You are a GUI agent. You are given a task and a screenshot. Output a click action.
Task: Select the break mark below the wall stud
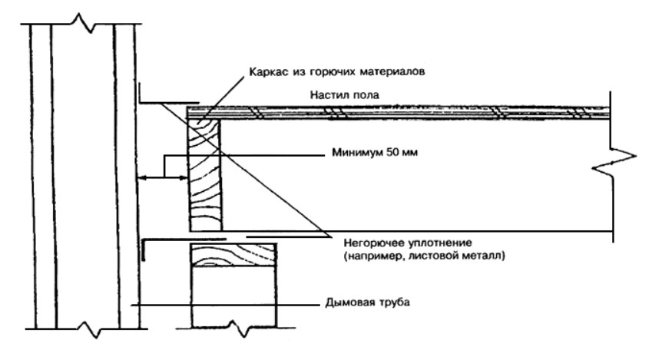pyautogui.click(x=234, y=332)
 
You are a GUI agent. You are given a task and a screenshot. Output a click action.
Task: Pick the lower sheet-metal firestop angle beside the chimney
pyautogui.click(x=165, y=240)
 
